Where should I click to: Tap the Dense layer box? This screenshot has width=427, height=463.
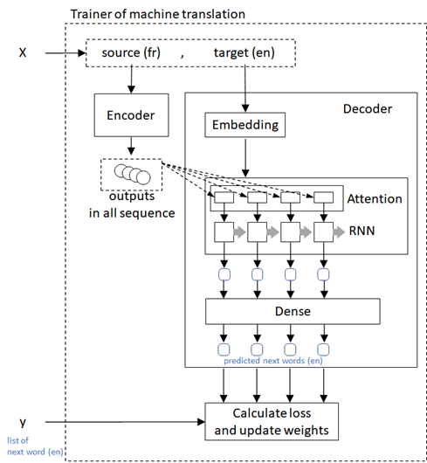pos(293,310)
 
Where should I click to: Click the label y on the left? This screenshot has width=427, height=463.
pos(24,424)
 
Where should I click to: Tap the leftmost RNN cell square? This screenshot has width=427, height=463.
pos(222,233)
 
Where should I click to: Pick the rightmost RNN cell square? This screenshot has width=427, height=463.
pos(323,233)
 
